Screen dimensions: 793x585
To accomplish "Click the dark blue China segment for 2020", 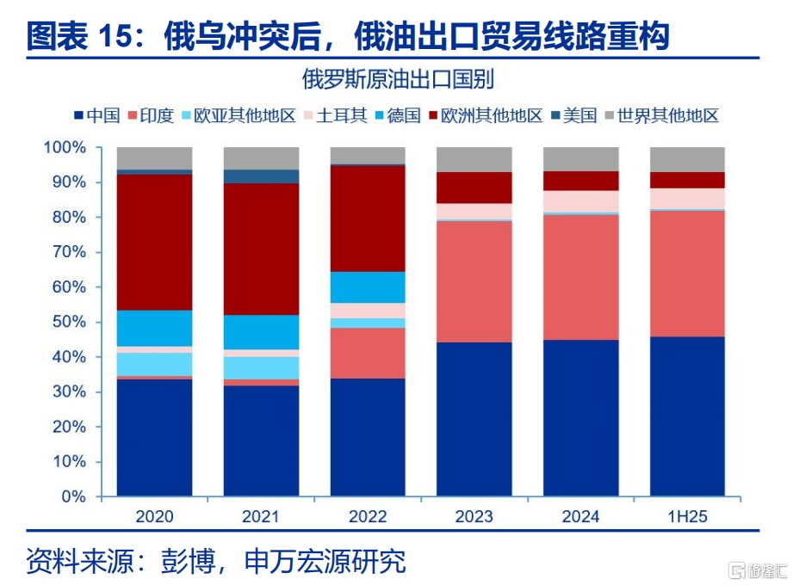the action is (154, 438).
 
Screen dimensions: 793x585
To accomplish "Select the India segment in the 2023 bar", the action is (474, 282).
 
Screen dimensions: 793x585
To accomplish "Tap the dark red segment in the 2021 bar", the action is (261, 249).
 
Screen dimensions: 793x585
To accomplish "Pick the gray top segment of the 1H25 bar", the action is (687, 160).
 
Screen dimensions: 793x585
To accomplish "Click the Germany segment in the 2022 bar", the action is (368, 287).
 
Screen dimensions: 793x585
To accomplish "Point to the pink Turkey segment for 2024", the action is (581, 201).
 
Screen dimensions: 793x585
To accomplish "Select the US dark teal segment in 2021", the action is (261, 176).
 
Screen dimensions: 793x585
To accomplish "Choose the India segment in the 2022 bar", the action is (368, 353).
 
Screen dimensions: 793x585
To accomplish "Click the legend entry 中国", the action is (97, 115).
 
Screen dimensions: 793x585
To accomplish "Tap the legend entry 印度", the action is (151, 115).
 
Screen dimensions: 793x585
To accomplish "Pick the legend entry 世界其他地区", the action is (662, 115).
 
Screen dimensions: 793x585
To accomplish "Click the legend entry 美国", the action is (574, 115).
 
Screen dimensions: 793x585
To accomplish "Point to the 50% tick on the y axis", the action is (99, 322).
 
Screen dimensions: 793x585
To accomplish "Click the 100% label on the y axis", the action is (65, 147).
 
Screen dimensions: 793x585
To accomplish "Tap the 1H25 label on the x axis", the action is (687, 516).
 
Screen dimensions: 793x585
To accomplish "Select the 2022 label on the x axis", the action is (368, 516).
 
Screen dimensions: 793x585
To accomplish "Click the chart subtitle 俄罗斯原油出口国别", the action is (398, 79).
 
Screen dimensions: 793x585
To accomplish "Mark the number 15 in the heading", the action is (117, 36).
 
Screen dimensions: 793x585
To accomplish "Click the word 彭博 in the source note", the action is (189, 561).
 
